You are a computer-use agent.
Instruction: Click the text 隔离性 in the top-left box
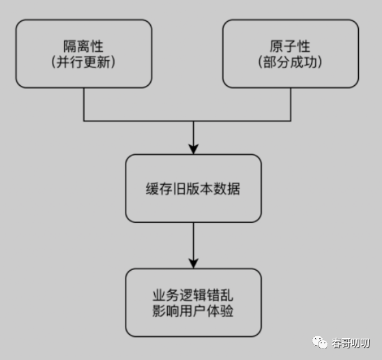click(83, 46)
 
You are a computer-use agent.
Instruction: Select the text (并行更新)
click(83, 62)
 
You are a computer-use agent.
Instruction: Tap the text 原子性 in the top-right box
click(290, 46)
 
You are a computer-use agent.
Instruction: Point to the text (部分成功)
click(290, 62)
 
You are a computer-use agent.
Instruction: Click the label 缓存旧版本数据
click(193, 189)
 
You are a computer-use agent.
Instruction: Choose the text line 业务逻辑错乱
click(193, 295)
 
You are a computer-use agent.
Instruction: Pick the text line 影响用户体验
click(193, 311)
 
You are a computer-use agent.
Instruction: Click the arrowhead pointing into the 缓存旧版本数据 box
click(194, 149)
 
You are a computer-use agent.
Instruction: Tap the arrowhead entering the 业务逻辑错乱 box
click(194, 264)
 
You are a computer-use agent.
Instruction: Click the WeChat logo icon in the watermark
click(320, 342)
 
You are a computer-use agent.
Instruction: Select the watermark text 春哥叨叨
click(351, 343)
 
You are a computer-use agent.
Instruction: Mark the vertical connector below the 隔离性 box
click(84, 104)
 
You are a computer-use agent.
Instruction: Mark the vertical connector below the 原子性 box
click(291, 104)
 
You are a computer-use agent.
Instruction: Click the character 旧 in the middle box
click(179, 189)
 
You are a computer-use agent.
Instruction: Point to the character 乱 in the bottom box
click(226, 295)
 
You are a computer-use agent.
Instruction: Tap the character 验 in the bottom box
click(226, 311)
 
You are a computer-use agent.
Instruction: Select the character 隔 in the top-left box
click(70, 46)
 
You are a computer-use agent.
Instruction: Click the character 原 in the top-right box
click(276, 46)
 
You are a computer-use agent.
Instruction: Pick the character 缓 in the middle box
click(152, 189)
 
